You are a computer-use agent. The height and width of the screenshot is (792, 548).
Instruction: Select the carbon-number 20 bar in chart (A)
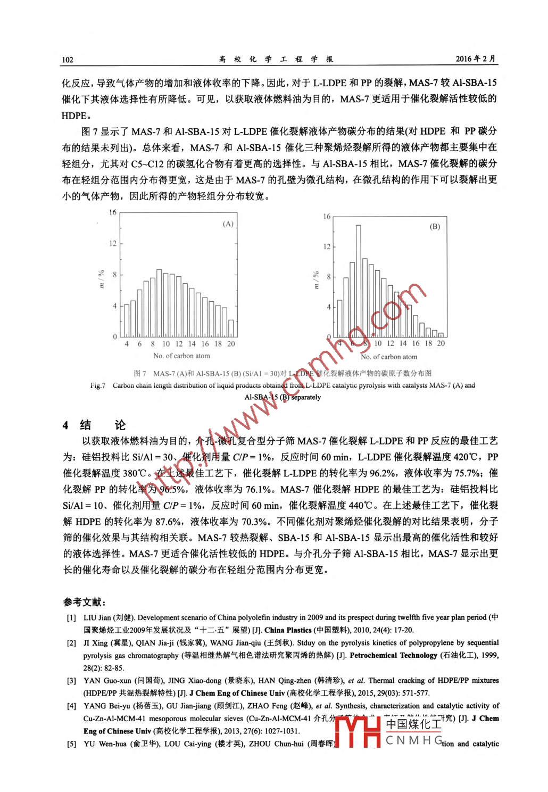[x=231, y=328]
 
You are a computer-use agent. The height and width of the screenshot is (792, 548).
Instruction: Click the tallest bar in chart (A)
[x=159, y=303]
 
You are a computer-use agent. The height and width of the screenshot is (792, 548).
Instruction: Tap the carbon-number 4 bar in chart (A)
[x=127, y=320]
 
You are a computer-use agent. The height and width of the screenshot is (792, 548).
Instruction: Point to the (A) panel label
[x=228, y=224]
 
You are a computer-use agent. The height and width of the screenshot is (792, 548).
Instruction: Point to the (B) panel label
[x=435, y=226]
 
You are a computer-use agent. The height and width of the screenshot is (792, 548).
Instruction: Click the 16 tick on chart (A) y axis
[x=113, y=212]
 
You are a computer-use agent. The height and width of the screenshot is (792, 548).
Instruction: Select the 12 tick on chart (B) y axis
[x=326, y=246]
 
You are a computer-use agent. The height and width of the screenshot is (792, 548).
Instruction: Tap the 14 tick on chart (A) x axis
[x=192, y=344]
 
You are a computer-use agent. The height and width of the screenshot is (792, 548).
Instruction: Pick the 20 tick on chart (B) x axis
[x=441, y=343]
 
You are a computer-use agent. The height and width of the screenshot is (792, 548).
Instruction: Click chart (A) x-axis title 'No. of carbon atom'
[x=181, y=356]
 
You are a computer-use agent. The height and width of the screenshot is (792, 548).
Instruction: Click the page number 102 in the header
[x=68, y=60]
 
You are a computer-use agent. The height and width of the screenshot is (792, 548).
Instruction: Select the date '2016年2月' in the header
[x=476, y=59]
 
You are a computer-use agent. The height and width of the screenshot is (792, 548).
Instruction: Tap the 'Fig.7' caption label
[x=97, y=385]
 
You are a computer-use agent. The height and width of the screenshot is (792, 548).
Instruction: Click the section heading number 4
[x=66, y=425]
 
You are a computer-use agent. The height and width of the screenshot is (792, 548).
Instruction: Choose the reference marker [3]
[x=71, y=681]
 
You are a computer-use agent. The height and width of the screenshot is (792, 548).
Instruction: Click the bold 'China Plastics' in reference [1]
[x=288, y=630]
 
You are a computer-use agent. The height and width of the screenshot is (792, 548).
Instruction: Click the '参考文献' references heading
[x=84, y=602]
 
